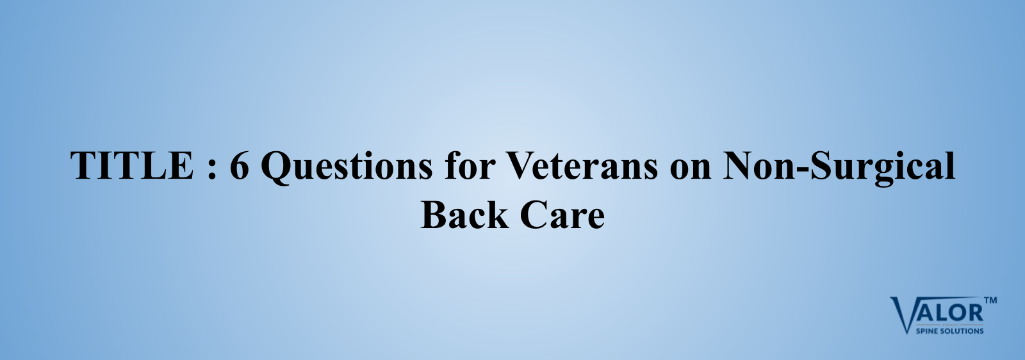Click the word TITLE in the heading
[x=132, y=165]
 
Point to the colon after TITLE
[x=211, y=169]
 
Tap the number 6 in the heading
[x=240, y=165]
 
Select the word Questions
[x=347, y=167]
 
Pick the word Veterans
[x=582, y=165]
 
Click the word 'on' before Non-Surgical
[x=691, y=169]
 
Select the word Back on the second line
[x=464, y=214]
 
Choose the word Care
[x=562, y=215]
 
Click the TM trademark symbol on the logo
[x=990, y=300]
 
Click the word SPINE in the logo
[x=926, y=331]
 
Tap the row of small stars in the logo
[x=949, y=325]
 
